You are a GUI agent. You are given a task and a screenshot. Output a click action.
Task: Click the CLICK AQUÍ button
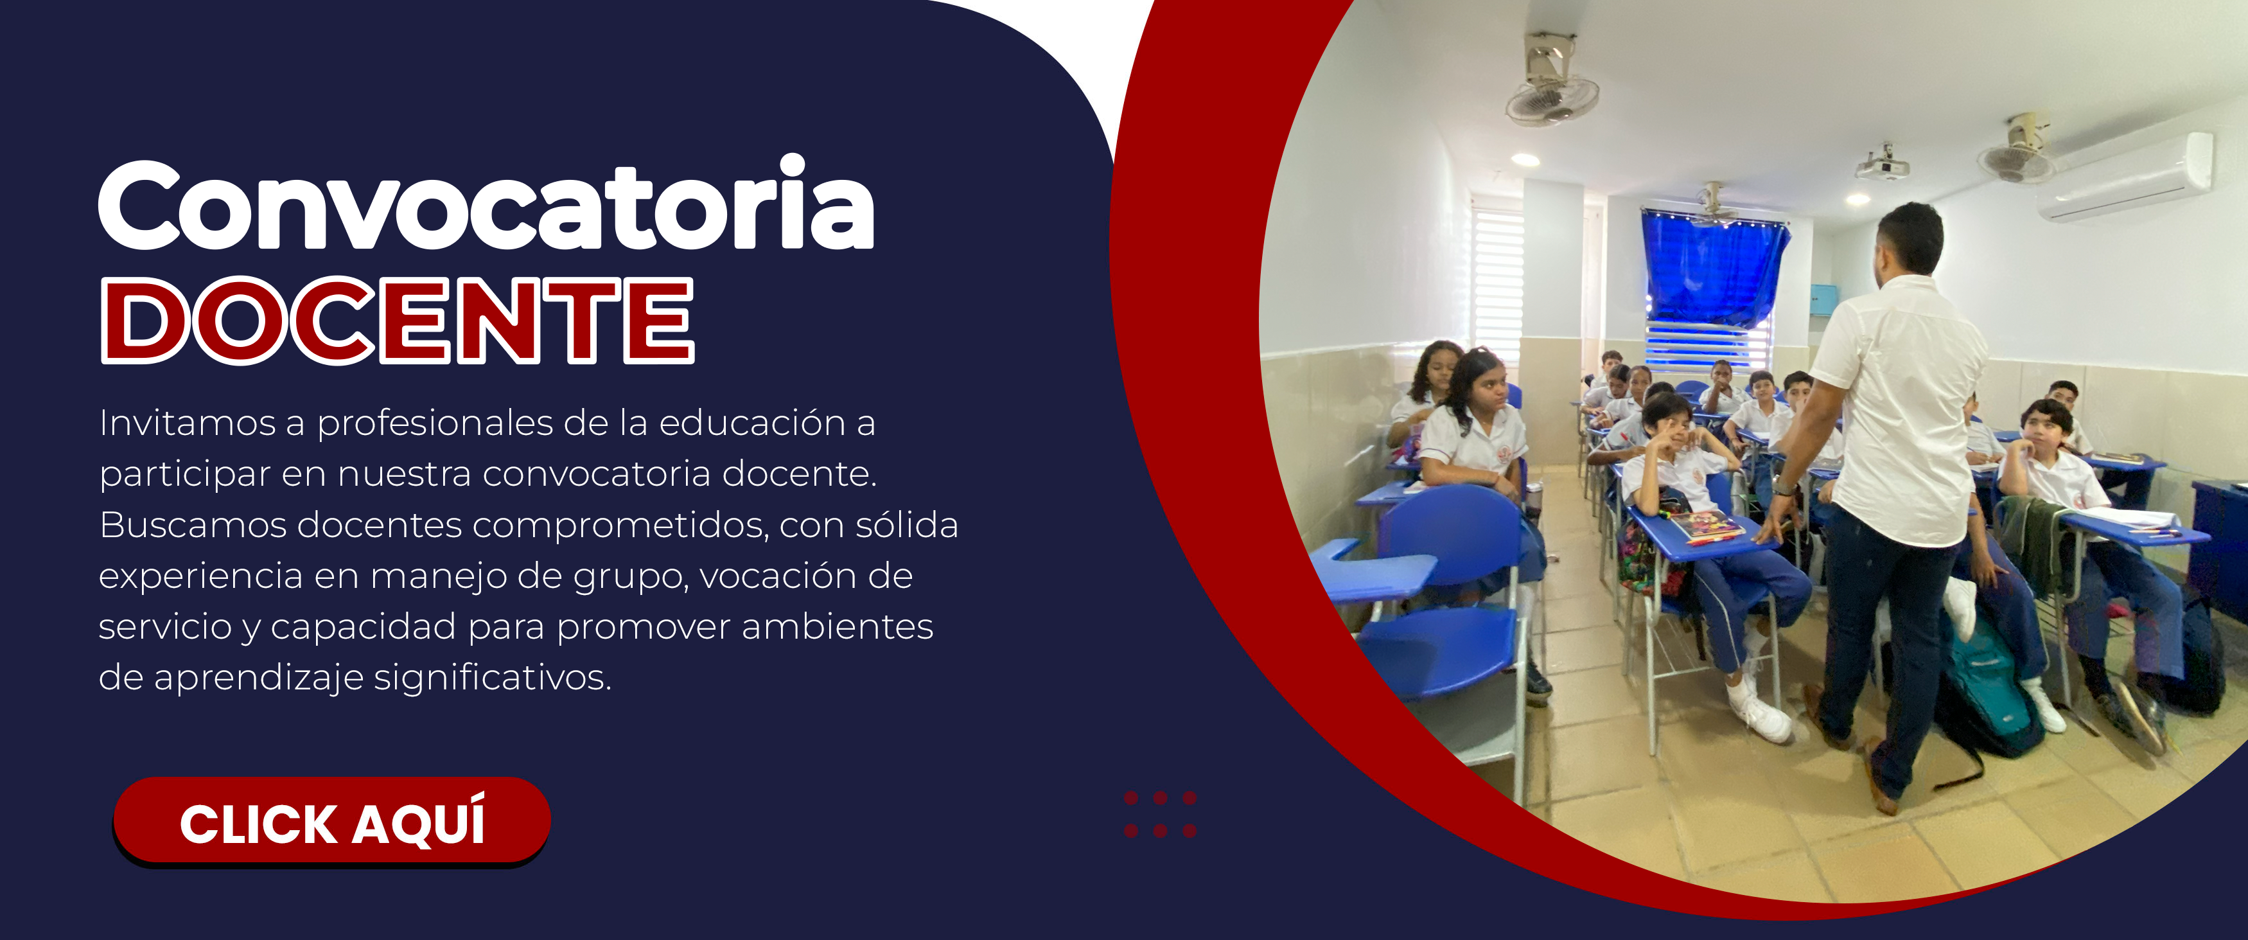(x=331, y=820)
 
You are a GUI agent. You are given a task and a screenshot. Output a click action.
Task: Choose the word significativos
(x=493, y=678)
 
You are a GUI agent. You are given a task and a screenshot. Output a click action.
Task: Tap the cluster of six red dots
(x=1160, y=814)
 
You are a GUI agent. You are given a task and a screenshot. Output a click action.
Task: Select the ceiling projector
(x=1883, y=164)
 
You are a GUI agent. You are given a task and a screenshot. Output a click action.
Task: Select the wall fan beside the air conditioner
(x=2016, y=151)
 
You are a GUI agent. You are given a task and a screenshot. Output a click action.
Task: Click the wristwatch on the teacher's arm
(x=1784, y=486)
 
